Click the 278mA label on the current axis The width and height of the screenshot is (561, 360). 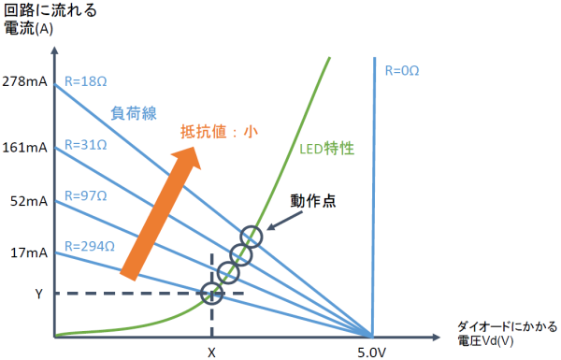click(24, 81)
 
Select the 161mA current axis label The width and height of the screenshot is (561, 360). click(24, 148)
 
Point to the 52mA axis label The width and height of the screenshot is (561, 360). click(29, 201)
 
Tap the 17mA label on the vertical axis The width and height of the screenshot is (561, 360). click(29, 253)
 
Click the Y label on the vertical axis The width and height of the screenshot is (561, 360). click(38, 294)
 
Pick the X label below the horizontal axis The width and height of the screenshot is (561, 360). click(212, 353)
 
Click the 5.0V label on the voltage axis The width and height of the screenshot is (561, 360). click(372, 353)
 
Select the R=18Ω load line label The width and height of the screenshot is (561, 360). click(85, 81)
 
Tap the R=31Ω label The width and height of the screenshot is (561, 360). click(85, 145)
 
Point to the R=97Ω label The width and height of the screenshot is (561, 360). click(85, 195)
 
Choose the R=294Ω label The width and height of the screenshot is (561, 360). click(90, 247)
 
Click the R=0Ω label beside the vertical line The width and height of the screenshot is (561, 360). click(402, 70)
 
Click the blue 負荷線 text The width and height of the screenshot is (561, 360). click(134, 113)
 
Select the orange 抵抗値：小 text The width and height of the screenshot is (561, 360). click(219, 131)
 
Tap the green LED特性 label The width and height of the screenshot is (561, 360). click(326, 149)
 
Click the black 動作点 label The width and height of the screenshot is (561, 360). click(313, 201)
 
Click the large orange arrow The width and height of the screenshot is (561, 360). click(161, 213)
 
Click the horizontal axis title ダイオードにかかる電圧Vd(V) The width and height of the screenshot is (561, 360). click(508, 334)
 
